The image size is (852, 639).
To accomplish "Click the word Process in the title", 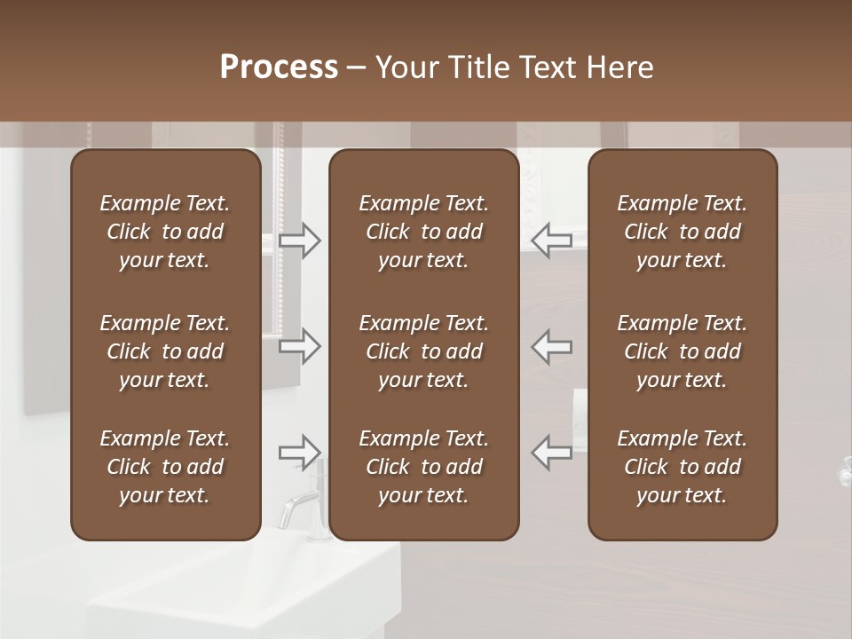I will click(x=279, y=67).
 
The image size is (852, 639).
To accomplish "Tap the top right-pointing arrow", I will click(x=299, y=240).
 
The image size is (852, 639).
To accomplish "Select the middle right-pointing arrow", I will click(x=299, y=346).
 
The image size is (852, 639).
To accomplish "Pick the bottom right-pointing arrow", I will click(x=299, y=453).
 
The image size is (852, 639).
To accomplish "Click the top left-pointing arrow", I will click(x=552, y=240).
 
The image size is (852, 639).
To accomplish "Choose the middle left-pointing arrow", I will click(x=552, y=346).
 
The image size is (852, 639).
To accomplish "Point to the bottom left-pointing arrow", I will click(x=552, y=453).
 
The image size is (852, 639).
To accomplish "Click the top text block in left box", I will click(x=165, y=232).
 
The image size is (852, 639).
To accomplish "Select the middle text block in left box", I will click(x=165, y=351).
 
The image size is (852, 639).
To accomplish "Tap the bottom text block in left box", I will click(x=165, y=467).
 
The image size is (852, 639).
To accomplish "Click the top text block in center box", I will click(x=423, y=232).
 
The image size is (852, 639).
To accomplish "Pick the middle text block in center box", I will click(x=423, y=351).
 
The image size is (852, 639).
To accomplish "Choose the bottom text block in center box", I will click(x=423, y=467).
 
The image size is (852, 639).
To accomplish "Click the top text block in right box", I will click(x=682, y=232).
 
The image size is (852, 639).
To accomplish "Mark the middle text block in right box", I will click(x=682, y=351).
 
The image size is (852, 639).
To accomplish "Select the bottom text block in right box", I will click(x=682, y=467).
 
